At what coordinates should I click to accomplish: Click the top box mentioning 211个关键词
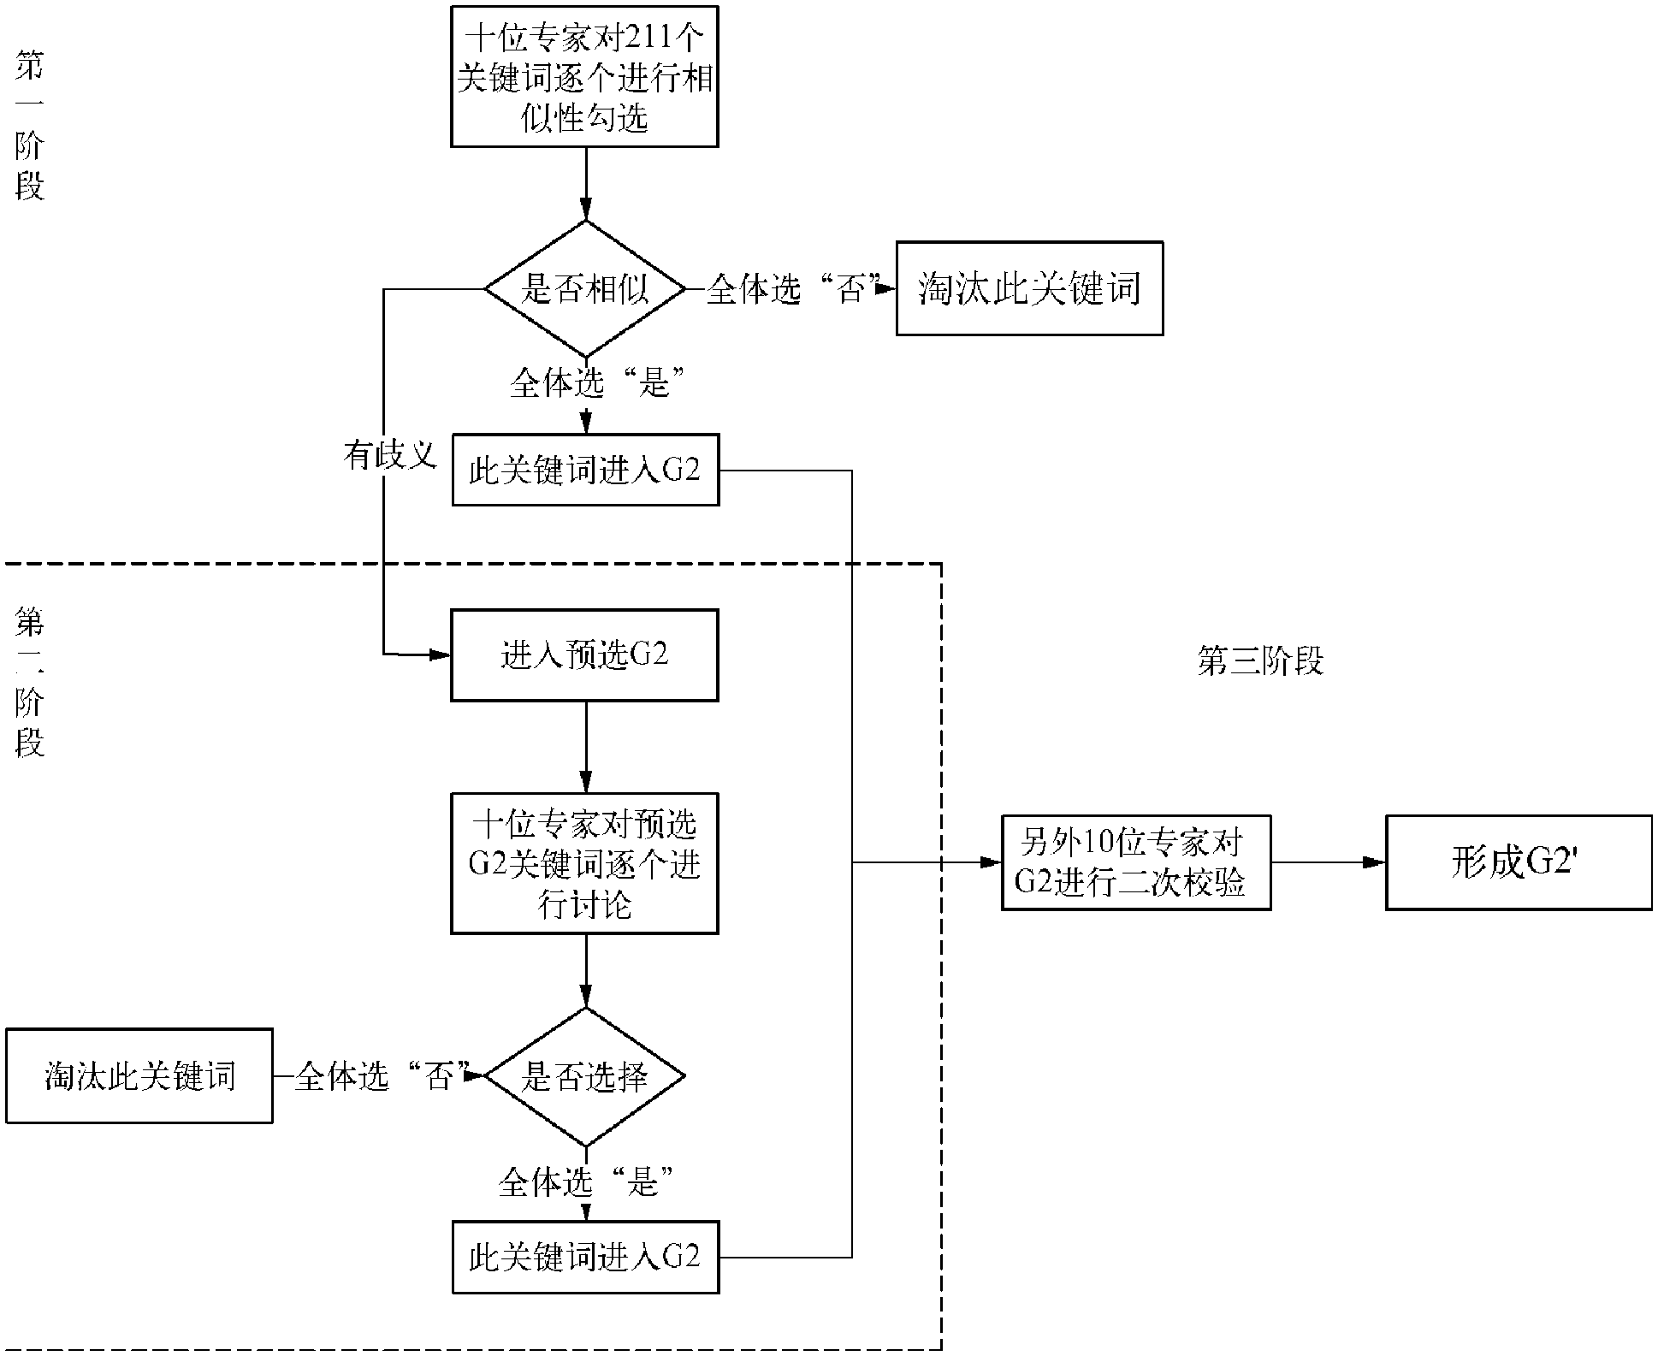(584, 76)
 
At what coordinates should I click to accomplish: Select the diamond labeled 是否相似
(585, 289)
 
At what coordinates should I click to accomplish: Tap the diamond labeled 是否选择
(585, 1076)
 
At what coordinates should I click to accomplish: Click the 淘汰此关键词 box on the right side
(1029, 288)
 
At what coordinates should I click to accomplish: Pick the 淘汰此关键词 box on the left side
(139, 1075)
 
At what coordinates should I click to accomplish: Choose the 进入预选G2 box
(584, 655)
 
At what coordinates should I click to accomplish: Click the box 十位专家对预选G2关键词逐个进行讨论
(584, 863)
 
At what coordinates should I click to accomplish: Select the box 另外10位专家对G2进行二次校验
(1136, 862)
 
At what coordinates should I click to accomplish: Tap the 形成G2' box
(1519, 862)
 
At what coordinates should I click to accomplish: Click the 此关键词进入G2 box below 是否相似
(585, 471)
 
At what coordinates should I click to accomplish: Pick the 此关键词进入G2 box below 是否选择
(585, 1257)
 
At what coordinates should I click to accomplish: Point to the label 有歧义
(390, 455)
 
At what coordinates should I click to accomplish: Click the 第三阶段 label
(1260, 660)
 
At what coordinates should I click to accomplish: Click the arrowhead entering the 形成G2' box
(1375, 862)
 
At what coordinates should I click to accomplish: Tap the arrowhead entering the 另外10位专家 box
(991, 862)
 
